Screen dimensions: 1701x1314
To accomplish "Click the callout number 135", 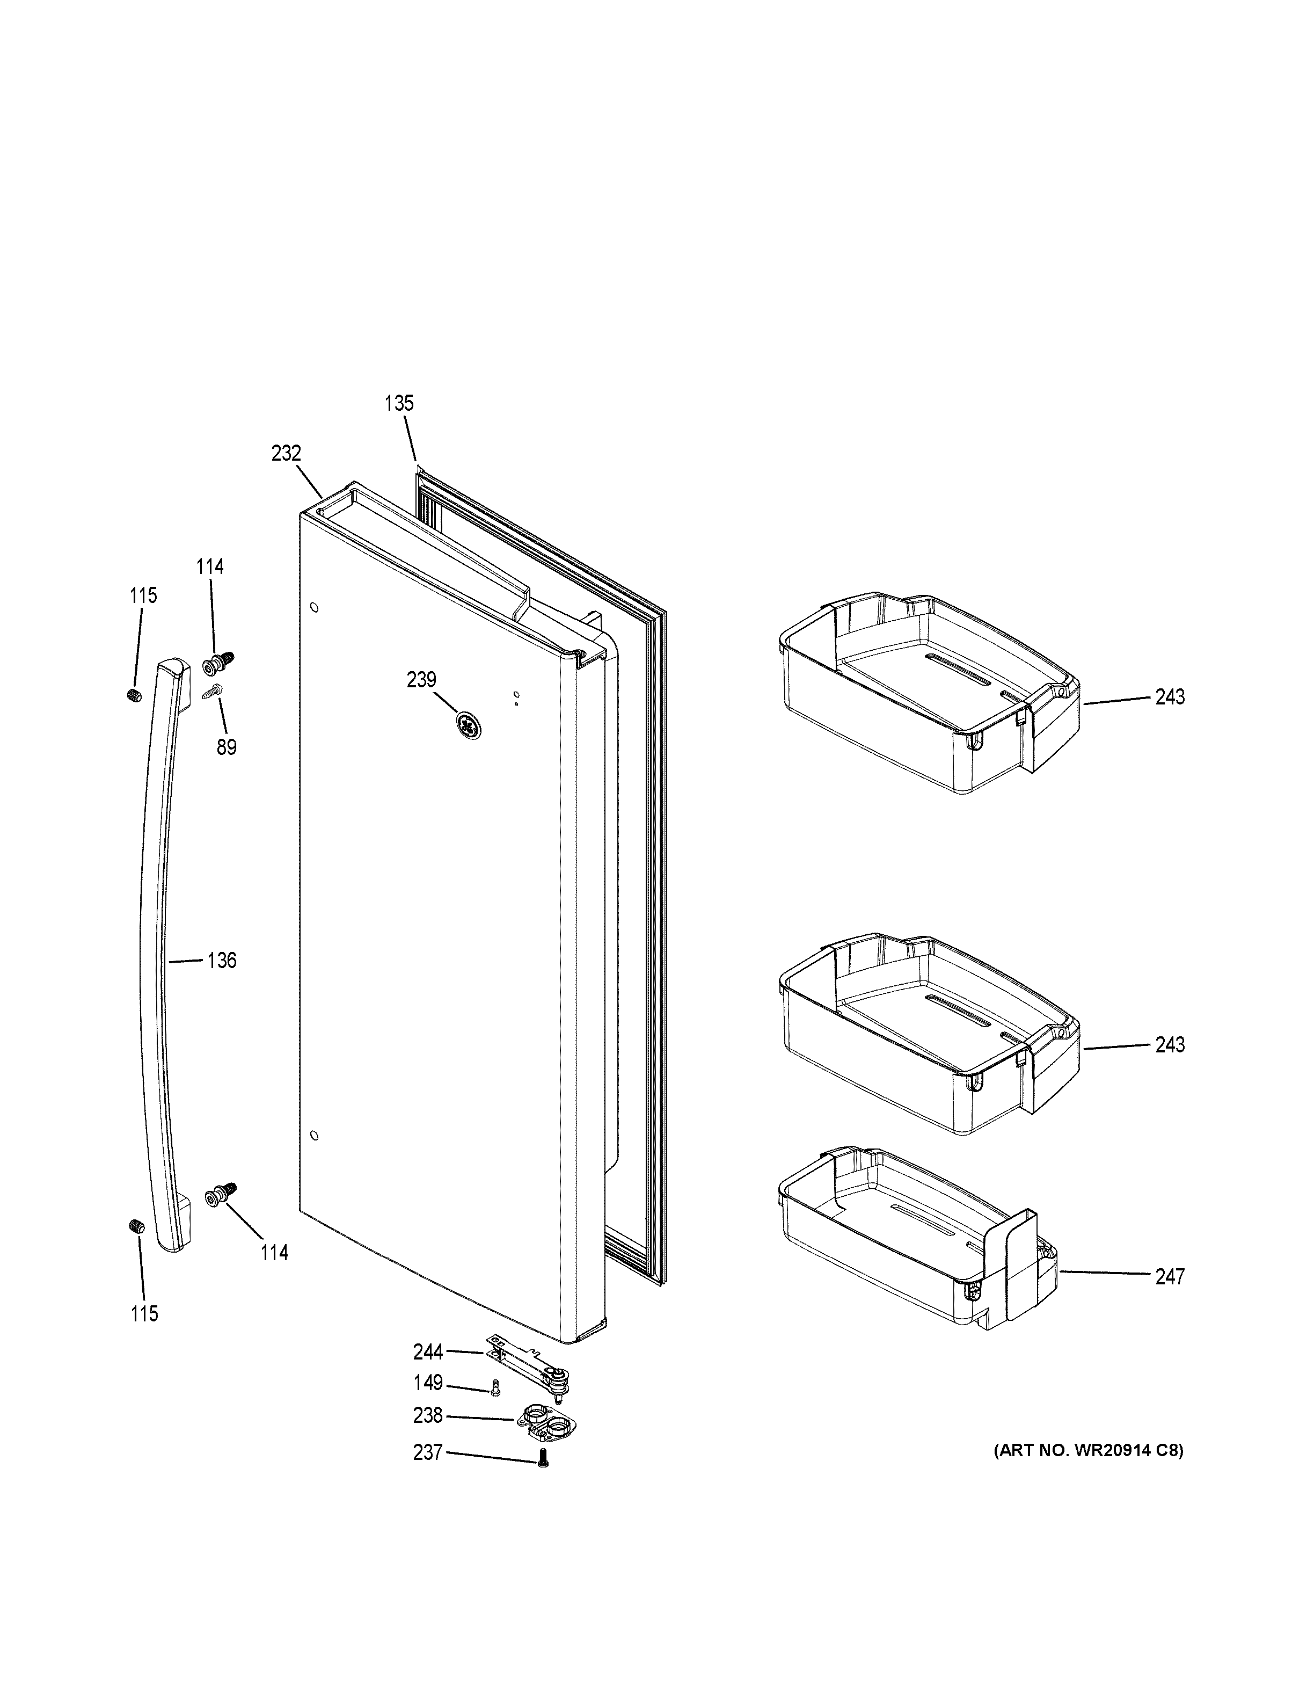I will point(399,403).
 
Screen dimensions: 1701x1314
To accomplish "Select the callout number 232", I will point(286,453).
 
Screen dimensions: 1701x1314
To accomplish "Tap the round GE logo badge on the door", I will point(468,726).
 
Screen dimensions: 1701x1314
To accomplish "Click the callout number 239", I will point(421,680).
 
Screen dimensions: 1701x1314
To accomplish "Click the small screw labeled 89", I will point(213,691).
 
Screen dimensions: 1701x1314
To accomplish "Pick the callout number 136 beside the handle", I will point(221,961).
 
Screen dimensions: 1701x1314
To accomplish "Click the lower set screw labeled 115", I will point(135,1227).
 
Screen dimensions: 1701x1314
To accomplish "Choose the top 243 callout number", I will point(1169,697).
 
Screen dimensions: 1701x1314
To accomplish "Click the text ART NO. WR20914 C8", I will point(1087,1450).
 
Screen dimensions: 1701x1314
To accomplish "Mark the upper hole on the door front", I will point(313,607).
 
